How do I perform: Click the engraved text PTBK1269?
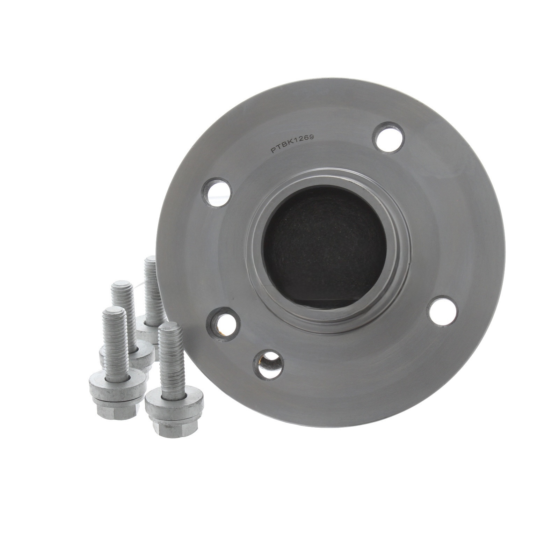[x=293, y=144]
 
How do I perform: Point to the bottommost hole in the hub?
[x=268, y=365]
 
